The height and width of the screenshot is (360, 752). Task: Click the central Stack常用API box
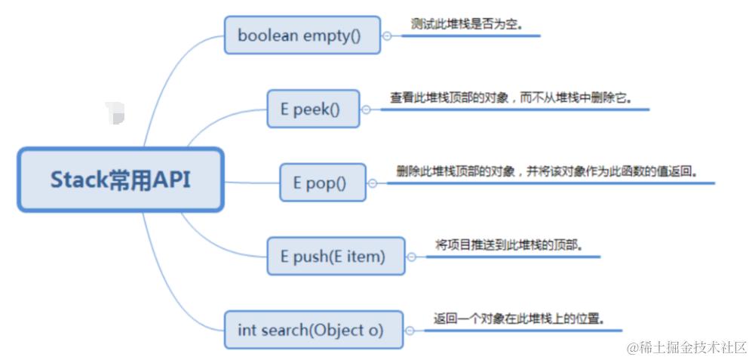[121, 180]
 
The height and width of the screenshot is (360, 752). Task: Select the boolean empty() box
[302, 35]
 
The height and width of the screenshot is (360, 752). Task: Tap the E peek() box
[312, 109]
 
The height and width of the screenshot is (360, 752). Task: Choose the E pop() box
[322, 183]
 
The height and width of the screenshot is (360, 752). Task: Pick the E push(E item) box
[335, 256]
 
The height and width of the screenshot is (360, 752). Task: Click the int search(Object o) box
[313, 330]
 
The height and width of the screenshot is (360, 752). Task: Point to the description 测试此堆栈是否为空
[466, 24]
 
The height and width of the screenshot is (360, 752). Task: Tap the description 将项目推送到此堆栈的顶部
[510, 245]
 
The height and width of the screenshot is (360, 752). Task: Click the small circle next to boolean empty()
[387, 35]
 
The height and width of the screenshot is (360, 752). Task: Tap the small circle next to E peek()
[366, 109]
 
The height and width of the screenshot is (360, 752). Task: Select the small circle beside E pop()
[372, 183]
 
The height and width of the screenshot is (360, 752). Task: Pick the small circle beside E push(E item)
[411, 257]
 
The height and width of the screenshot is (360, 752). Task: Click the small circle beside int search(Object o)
[409, 330]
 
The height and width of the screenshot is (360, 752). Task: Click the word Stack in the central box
[75, 180]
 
